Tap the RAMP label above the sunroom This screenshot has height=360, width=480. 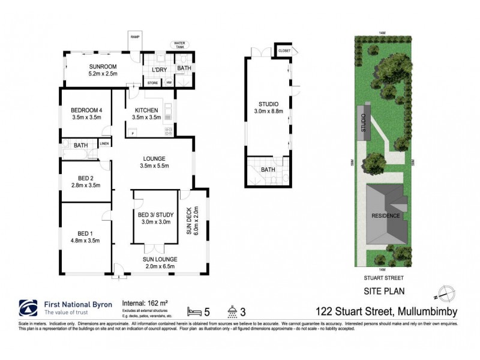point(135,37)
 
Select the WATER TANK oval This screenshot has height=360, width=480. point(179,44)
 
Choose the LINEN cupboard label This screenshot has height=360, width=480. point(104,144)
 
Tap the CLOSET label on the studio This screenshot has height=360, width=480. point(284,51)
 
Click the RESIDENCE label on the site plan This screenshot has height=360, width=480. point(385,215)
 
